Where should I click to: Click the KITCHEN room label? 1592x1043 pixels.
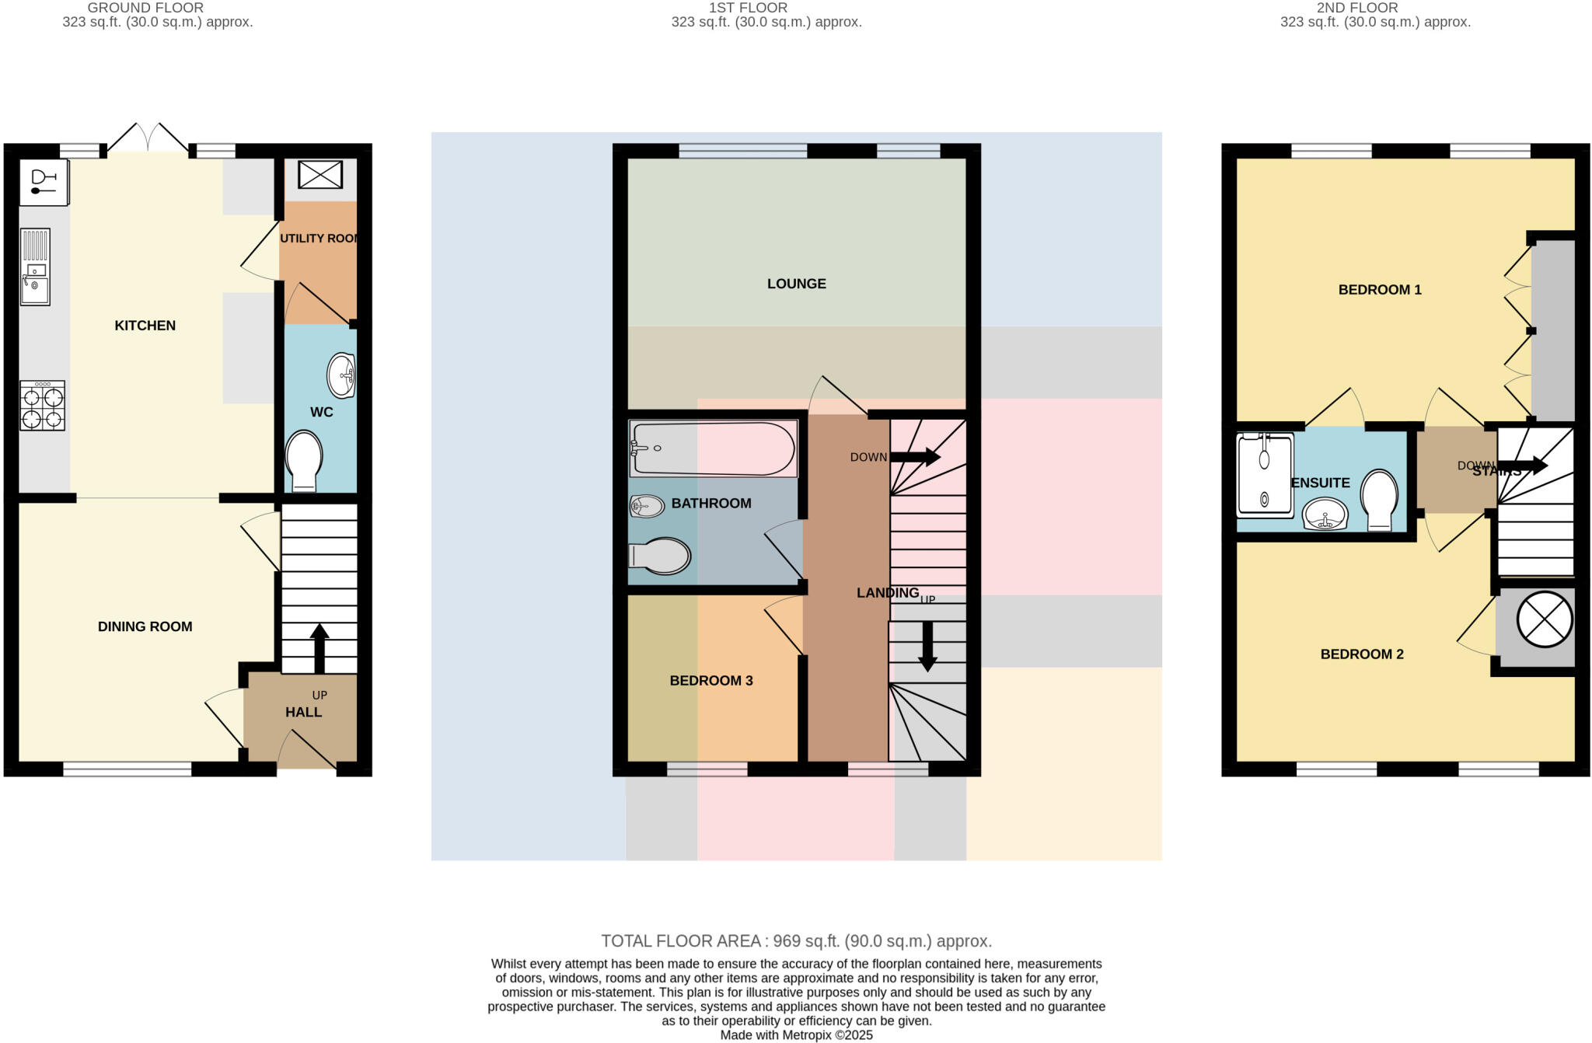pos(145,326)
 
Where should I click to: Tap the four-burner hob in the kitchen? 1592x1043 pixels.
pos(42,406)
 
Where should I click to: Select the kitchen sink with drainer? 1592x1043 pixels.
pos(35,267)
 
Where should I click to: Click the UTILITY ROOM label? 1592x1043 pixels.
pos(319,239)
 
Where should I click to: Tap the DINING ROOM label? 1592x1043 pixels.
pos(145,626)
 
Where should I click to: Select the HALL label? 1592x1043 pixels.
pos(303,712)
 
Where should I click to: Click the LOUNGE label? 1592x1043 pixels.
pos(796,284)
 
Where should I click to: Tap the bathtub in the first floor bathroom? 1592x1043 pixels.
pos(713,448)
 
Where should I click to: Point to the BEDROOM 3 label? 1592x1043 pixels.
pos(710,681)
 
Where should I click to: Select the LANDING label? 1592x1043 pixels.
pos(887,593)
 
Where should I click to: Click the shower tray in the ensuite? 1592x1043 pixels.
pos(1264,474)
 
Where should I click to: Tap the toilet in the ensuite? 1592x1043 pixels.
pos(1380,498)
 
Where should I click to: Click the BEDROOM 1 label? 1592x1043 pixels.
pos(1379,290)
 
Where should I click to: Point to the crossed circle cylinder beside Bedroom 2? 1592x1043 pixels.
pos(1544,619)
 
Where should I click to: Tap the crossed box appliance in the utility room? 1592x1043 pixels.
pos(320,174)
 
